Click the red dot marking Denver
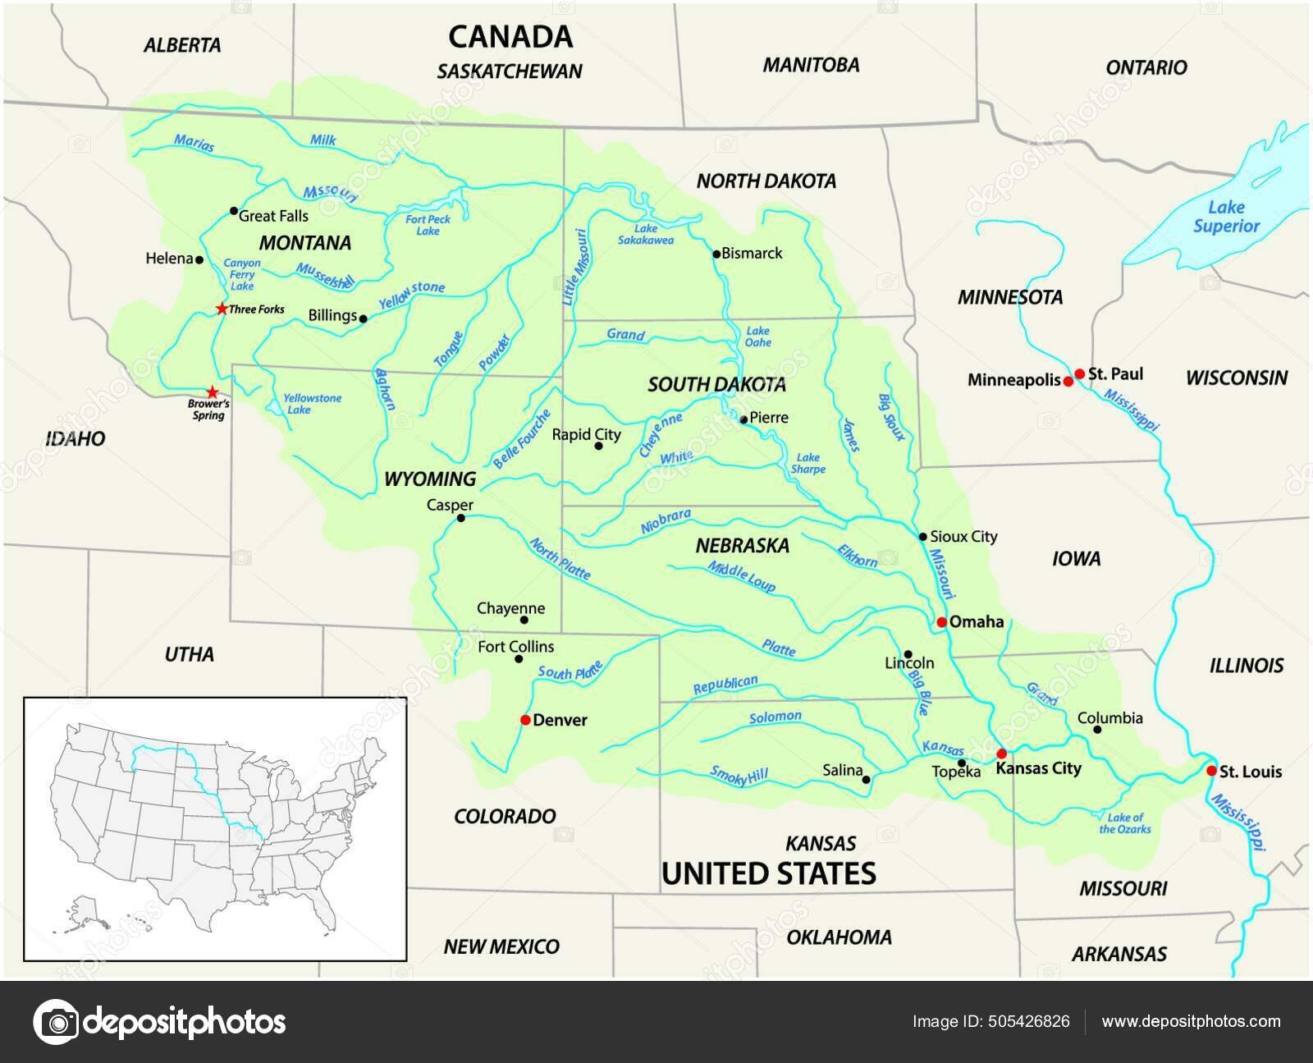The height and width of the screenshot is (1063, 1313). pyautogui.click(x=525, y=720)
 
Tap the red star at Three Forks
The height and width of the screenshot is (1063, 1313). pyautogui.click(x=222, y=309)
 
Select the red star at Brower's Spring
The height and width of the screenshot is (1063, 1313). pyautogui.click(x=213, y=392)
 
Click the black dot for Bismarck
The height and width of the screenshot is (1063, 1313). pyautogui.click(x=716, y=254)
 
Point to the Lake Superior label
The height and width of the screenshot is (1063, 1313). pyautogui.click(x=1225, y=217)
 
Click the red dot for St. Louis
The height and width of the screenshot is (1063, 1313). pyautogui.click(x=1211, y=771)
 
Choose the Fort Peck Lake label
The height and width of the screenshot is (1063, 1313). pyautogui.click(x=428, y=225)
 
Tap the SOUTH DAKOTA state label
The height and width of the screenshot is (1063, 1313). pyautogui.click(x=716, y=384)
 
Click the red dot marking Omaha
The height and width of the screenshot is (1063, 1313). pyautogui.click(x=942, y=622)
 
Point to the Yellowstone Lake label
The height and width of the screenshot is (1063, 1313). pyautogui.click(x=312, y=403)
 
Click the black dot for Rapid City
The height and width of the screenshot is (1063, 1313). pyautogui.click(x=598, y=446)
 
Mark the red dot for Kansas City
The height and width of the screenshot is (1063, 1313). pyautogui.click(x=1001, y=754)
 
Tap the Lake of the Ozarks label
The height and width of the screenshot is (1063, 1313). pyautogui.click(x=1124, y=822)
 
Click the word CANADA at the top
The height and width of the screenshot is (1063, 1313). pyautogui.click(x=510, y=37)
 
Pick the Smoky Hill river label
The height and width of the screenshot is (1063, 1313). pyautogui.click(x=740, y=776)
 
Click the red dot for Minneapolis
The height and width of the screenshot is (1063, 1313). pyautogui.click(x=1068, y=382)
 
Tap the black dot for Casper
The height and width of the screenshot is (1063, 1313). pyautogui.click(x=460, y=518)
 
